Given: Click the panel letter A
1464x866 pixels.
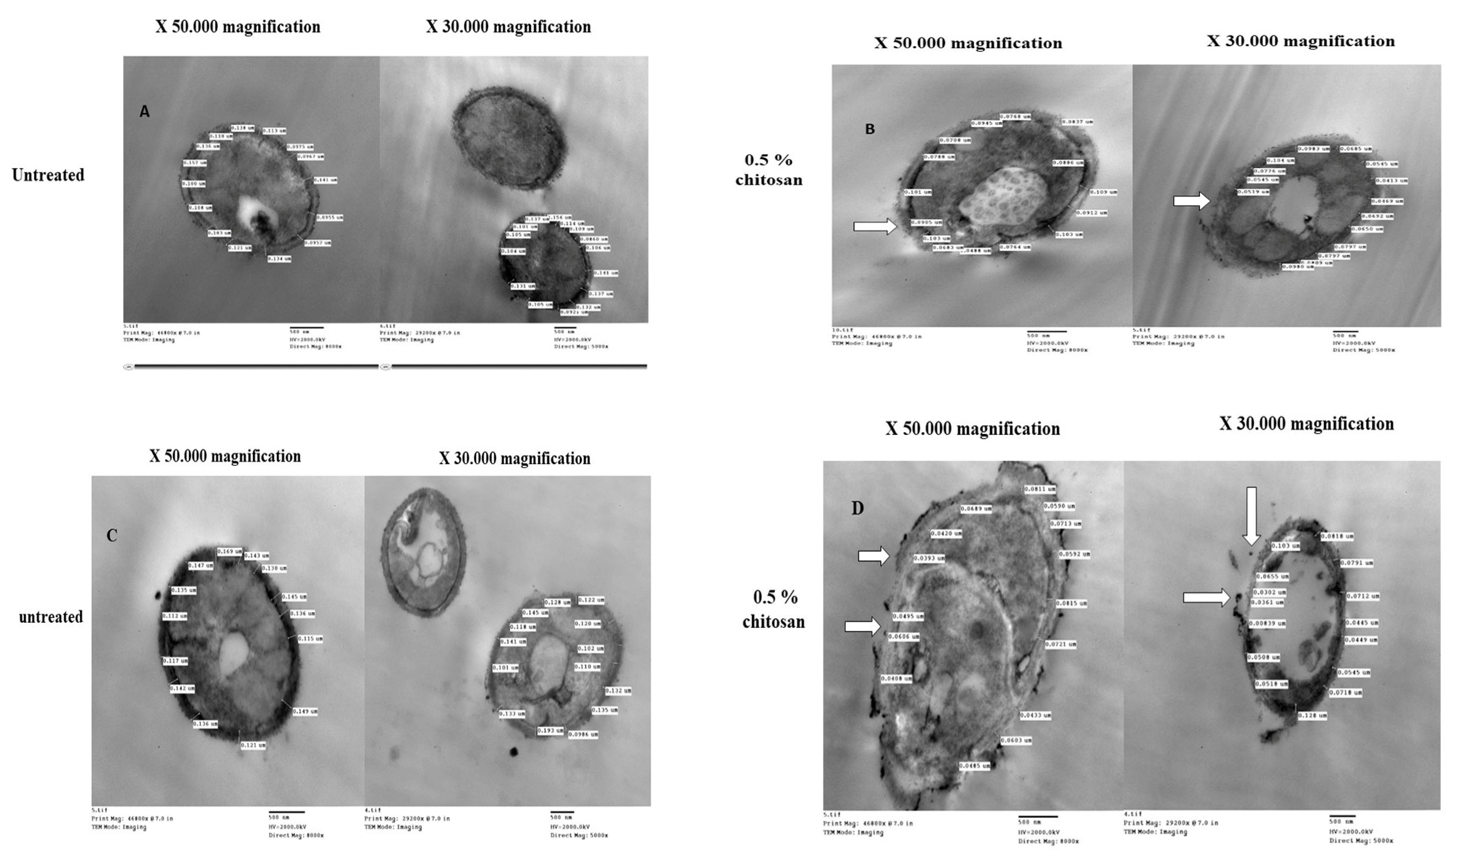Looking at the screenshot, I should (x=145, y=112).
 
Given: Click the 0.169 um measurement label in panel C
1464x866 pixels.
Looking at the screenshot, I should (x=229, y=551).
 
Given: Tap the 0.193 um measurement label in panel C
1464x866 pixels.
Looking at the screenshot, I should (x=550, y=730).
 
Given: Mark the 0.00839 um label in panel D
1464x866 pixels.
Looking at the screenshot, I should (x=1267, y=623).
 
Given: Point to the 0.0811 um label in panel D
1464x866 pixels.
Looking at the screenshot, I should (x=1040, y=489).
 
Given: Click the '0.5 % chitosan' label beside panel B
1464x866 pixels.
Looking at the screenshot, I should (x=768, y=170).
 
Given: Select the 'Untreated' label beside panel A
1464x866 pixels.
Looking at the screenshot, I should (x=48, y=175).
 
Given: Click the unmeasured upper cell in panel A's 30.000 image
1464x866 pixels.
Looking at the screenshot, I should (x=509, y=137).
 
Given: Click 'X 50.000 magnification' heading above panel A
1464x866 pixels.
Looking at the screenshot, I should (x=237, y=27).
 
